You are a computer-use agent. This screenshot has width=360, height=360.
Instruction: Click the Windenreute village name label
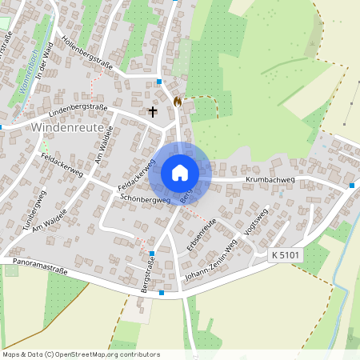63,126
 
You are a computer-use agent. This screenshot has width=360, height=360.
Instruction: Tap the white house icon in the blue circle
180,172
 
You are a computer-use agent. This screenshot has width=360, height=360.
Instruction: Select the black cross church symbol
152,112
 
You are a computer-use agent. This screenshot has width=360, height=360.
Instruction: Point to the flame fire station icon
178,102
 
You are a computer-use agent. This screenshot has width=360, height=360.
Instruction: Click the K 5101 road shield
286,254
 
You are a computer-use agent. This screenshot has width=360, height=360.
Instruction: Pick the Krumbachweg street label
272,182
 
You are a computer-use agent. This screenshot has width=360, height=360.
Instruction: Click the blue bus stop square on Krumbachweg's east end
351,186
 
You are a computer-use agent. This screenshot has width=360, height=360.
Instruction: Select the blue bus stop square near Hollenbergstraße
160,82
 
